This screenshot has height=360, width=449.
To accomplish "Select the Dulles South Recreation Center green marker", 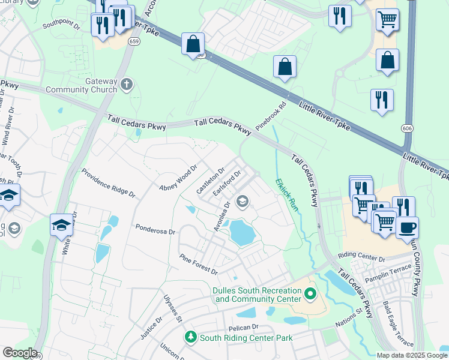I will (310, 294).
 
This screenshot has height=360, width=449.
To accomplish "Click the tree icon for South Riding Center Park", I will (191, 338).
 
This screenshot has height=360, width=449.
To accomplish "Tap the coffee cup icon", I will (408, 228).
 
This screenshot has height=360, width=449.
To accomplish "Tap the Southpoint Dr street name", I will (61, 26).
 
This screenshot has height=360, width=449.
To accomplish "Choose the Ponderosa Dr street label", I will (155, 230).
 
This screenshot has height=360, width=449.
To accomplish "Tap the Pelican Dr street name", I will (243, 328).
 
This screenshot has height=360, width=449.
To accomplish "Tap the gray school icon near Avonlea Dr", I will (243, 202).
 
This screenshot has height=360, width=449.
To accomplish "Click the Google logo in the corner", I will (19, 353).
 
